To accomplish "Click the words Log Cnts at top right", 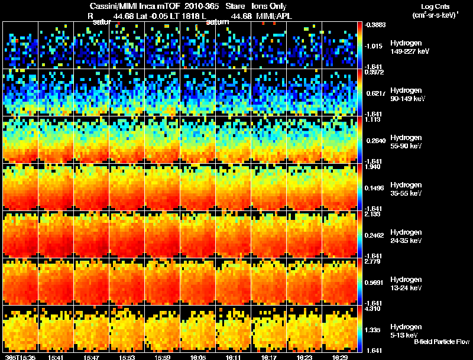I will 435,6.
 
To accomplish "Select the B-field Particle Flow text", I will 442,342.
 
